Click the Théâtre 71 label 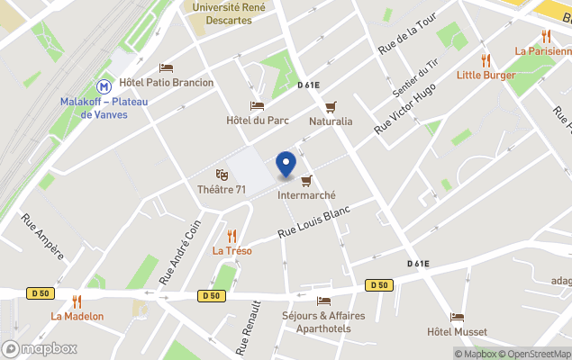[221, 189]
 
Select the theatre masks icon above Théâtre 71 [221, 175]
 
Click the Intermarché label [307, 194]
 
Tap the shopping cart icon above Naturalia [331, 107]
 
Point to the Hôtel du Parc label [257, 120]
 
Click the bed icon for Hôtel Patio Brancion [166, 67]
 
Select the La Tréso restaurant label [232, 251]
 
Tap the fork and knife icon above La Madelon [77, 301]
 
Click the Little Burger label [486, 75]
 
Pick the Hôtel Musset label [457, 332]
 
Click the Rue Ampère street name [41, 237]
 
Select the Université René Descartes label [229, 12]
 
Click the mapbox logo [41, 348]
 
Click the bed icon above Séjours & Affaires [323, 301]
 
